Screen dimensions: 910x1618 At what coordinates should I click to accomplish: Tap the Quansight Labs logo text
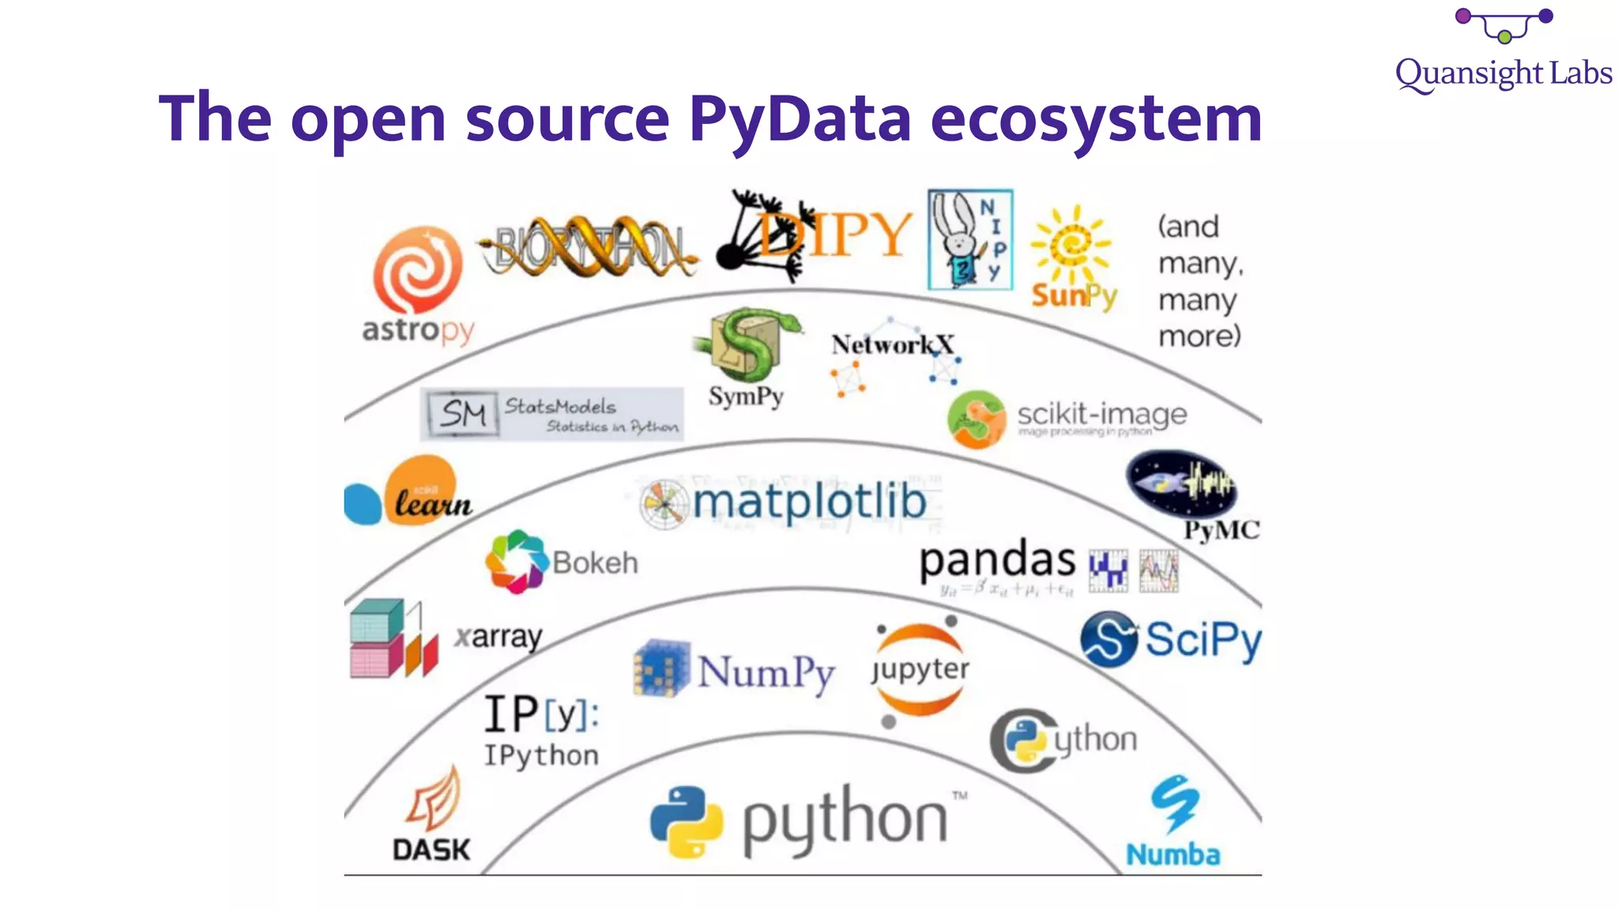1503,73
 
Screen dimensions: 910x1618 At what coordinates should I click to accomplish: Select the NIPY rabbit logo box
970,239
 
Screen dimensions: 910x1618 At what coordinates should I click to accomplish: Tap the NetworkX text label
892,344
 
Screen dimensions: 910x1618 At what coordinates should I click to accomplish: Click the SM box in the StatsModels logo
463,413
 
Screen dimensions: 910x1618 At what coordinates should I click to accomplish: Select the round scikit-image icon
976,419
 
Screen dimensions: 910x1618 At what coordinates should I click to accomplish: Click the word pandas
997,560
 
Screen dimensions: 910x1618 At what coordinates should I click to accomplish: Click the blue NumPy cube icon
661,668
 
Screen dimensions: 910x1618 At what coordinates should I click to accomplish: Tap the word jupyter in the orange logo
920,669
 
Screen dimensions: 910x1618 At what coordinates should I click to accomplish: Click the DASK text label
431,850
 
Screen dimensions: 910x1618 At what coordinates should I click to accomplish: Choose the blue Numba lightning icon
1174,803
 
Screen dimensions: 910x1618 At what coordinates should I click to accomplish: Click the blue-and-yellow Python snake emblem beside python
686,822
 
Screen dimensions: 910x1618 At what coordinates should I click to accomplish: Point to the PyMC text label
1221,530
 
